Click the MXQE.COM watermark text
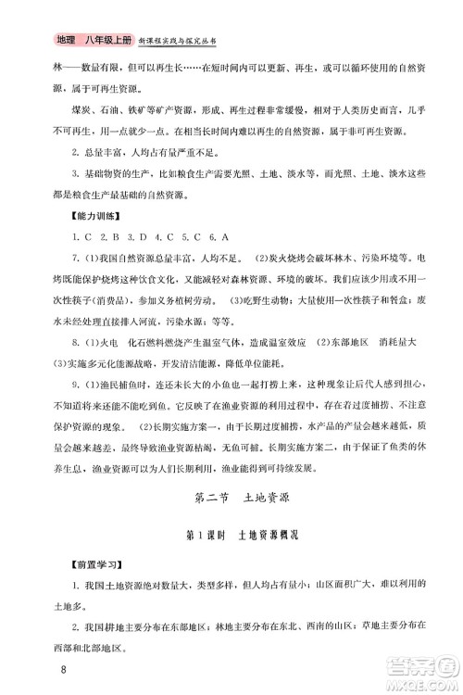tap(414, 682)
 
